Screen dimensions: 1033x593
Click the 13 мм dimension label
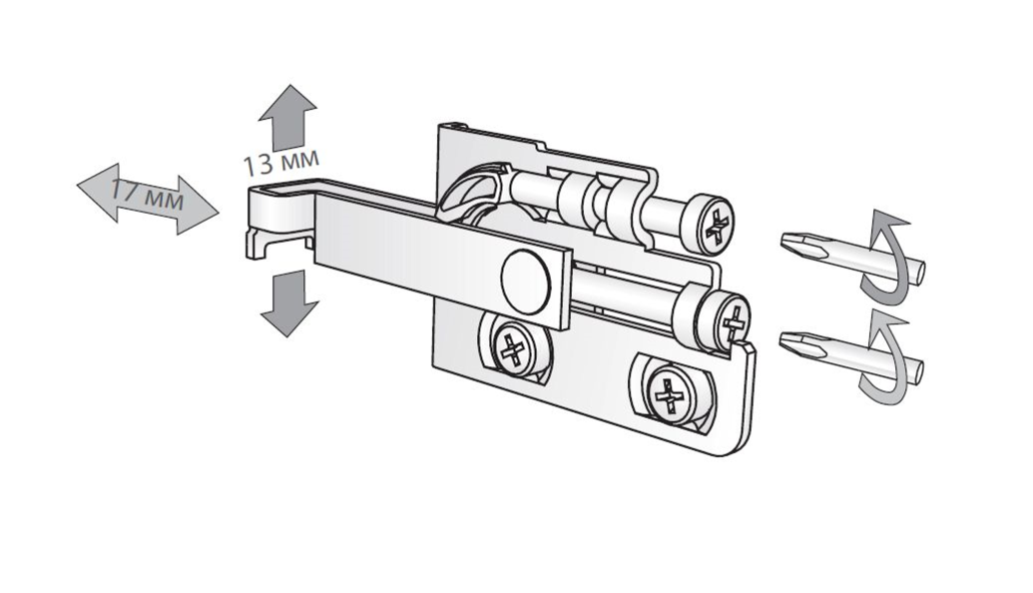[x=281, y=162]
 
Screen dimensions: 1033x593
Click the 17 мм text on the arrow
[x=147, y=195]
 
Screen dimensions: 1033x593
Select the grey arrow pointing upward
[x=287, y=116]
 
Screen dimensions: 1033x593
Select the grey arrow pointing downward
[x=289, y=303]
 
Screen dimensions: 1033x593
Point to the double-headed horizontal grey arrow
[x=148, y=198]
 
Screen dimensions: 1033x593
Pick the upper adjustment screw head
[x=707, y=224]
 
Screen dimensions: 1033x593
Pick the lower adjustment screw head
[x=724, y=318]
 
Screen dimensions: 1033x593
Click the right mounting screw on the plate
[x=670, y=394]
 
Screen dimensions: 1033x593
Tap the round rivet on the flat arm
[x=525, y=280]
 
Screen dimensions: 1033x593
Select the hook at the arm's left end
[x=276, y=221]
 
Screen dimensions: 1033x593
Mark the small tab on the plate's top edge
[x=453, y=125]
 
